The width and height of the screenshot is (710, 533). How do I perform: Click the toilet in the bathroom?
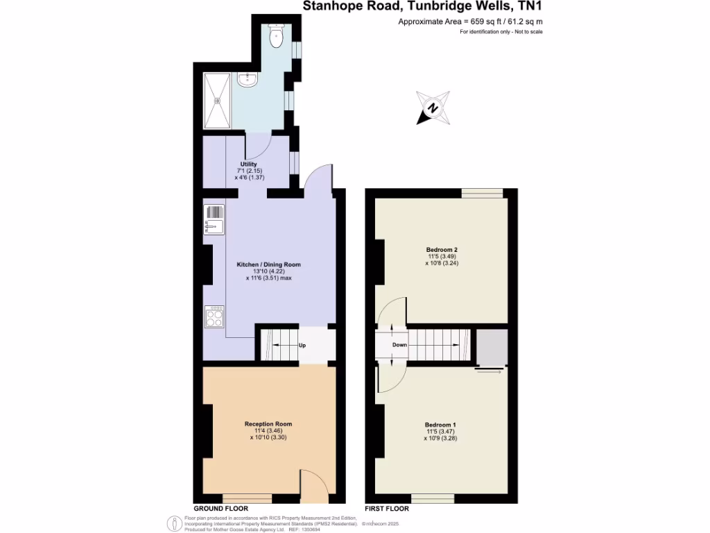pos(276,37)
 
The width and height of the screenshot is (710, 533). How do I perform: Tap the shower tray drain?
pos(217,101)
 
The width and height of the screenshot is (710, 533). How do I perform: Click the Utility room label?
pos(248,164)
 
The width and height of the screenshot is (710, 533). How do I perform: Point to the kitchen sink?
pos(214,218)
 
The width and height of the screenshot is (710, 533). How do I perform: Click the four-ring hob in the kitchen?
pos(214,316)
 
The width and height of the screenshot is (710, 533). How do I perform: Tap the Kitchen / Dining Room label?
pos(268,264)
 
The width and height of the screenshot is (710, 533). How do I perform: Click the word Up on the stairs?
pos(302,345)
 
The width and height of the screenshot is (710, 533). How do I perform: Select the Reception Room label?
pos(268,424)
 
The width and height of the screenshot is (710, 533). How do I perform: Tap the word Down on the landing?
pos(399,344)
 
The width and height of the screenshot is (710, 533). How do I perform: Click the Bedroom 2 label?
pos(442,250)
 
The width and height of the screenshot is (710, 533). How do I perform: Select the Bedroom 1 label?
pos(440,424)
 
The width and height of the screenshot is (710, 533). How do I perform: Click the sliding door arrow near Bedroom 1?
pos(490,372)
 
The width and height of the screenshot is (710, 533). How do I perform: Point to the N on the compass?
pos(433,108)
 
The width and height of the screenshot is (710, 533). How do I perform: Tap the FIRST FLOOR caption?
pos(387,509)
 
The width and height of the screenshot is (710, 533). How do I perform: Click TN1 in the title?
pos(529,7)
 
